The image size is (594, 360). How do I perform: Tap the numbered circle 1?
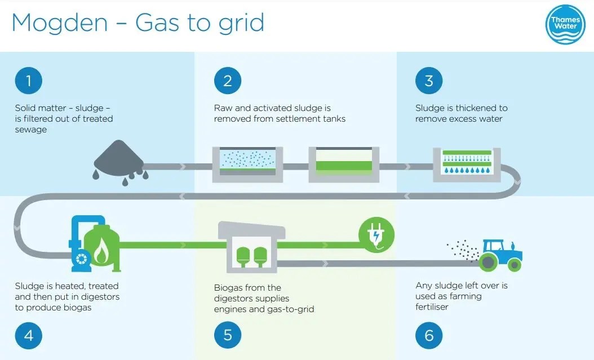(28, 81)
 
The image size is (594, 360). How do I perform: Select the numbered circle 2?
(228, 81)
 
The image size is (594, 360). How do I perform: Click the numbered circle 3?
(429, 81)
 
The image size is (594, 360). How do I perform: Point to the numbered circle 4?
(28, 336)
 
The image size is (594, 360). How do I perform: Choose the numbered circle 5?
(228, 336)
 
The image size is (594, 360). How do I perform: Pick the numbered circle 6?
(429, 336)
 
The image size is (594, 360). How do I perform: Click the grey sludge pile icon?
(121, 157)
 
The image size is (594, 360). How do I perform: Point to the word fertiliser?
(434, 307)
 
